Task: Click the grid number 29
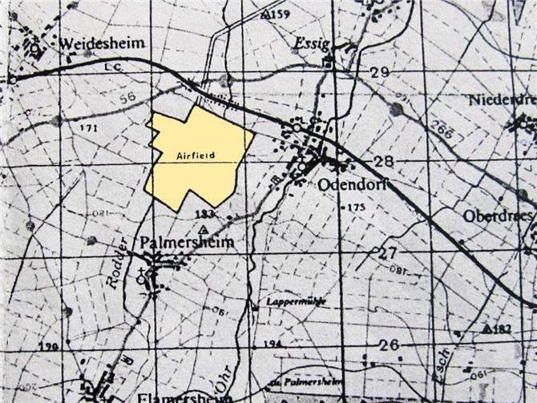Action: click(x=379, y=74)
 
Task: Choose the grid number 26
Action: click(x=389, y=346)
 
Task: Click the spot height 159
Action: click(x=280, y=14)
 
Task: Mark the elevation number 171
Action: click(x=90, y=127)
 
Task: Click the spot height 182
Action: click(x=502, y=329)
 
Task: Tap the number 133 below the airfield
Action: click(x=205, y=214)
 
